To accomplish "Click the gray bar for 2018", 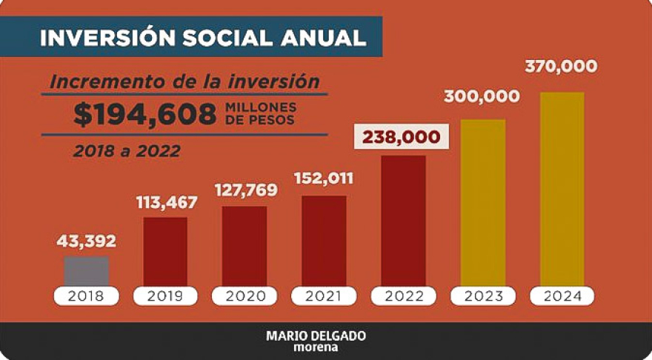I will pyautogui.click(x=87, y=271).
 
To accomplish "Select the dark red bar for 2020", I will pyautogui.click(x=245, y=246).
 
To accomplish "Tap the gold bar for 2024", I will pyautogui.click(x=562, y=189).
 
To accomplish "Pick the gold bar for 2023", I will pyautogui.click(x=482, y=202).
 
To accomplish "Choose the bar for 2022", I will pyautogui.click(x=403, y=220).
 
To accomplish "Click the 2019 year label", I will pyautogui.click(x=165, y=296).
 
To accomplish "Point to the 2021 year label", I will pyautogui.click(x=324, y=296).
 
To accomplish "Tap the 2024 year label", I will pyautogui.click(x=562, y=296).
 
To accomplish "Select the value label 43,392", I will pyautogui.click(x=87, y=241).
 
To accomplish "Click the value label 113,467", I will pyautogui.click(x=165, y=202).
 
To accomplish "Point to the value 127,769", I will pyautogui.click(x=245, y=190).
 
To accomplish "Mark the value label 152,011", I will pyautogui.click(x=324, y=179).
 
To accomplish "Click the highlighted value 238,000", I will pyautogui.click(x=401, y=138).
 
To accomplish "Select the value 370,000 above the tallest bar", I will pyautogui.click(x=561, y=67).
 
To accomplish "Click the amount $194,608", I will pyautogui.click(x=144, y=113).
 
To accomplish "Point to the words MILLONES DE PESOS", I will pyautogui.click(x=259, y=113).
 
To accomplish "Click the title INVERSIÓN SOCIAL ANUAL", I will pyautogui.click(x=202, y=39).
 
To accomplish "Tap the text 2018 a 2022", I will pyautogui.click(x=127, y=150).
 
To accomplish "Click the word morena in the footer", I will pyautogui.click(x=316, y=347).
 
